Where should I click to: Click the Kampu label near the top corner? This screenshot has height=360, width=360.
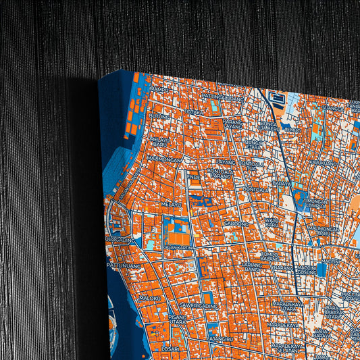pos(159,89)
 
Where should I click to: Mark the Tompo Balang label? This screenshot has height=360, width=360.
pos(269,257)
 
